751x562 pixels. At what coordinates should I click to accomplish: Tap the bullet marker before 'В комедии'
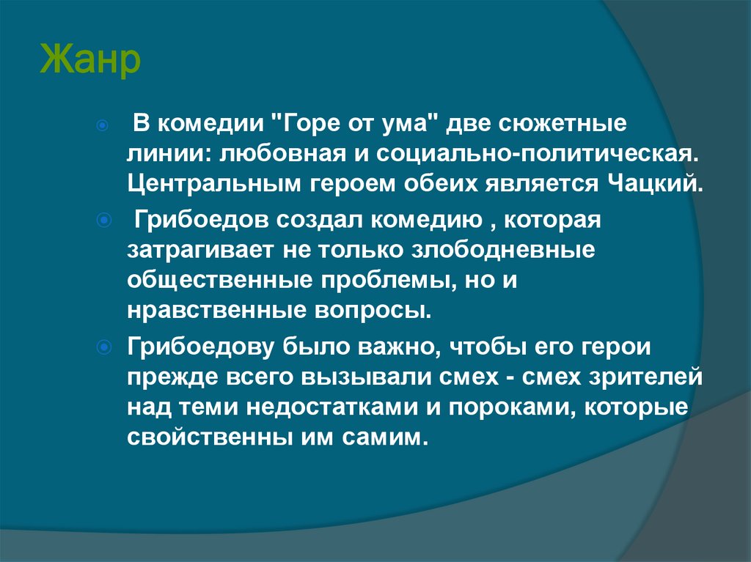pos(103,126)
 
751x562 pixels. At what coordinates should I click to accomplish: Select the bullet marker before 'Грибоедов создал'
pos(103,221)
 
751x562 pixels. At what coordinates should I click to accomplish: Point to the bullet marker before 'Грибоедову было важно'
pos(103,347)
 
